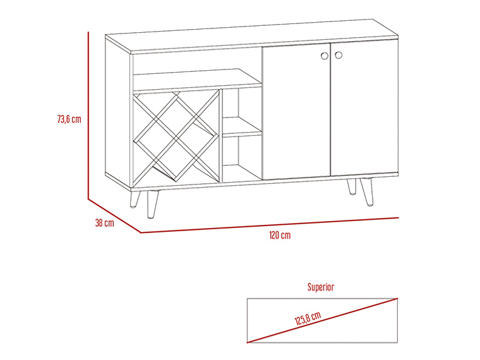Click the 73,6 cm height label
pos(69,119)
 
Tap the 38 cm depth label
pos(104,222)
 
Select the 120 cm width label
pos(280,235)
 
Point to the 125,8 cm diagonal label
pos(308,318)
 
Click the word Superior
pos(320,287)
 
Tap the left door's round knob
pos(325,56)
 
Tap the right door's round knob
pos(339,55)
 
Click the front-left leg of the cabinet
pos(152,205)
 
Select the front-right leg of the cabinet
pos(368,191)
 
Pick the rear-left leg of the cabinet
pos(135,200)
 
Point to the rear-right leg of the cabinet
pos(352,186)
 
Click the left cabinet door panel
pos(296,111)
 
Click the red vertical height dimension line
pos(88,116)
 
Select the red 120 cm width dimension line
pos(270,225)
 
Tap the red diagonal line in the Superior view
pos(322,320)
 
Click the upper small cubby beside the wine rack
pos(242,111)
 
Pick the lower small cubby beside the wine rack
pos(242,158)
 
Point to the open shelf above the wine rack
pos(197,80)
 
